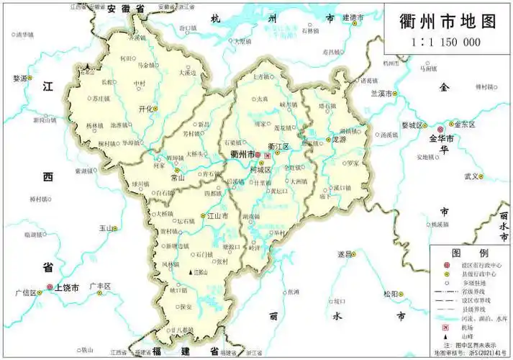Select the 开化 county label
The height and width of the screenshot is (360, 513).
tap(146, 108)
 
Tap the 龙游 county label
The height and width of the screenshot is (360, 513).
tap(340, 140)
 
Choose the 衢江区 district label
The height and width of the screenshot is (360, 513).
tap(278, 146)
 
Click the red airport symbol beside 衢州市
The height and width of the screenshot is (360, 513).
tap(268, 156)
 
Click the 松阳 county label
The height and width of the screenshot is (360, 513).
tap(391, 294)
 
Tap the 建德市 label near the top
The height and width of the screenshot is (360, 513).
tap(353, 17)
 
